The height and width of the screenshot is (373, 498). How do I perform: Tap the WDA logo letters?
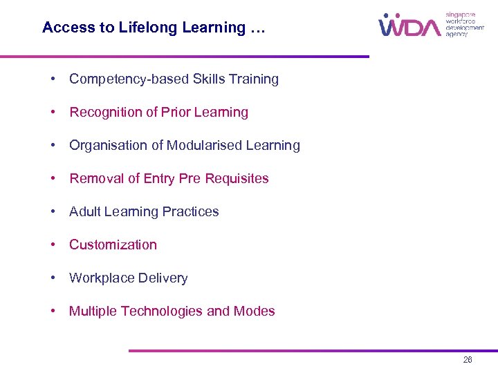click(x=409, y=26)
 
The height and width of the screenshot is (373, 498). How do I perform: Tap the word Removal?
click(x=95, y=179)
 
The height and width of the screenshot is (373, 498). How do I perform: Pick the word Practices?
click(x=191, y=212)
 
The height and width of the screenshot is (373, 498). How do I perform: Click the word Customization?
click(x=113, y=245)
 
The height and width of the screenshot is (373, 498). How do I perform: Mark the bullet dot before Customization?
click(x=53, y=245)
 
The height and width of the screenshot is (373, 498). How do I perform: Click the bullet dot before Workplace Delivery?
click(x=53, y=278)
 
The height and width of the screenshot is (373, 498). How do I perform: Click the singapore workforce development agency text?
click(x=464, y=24)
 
